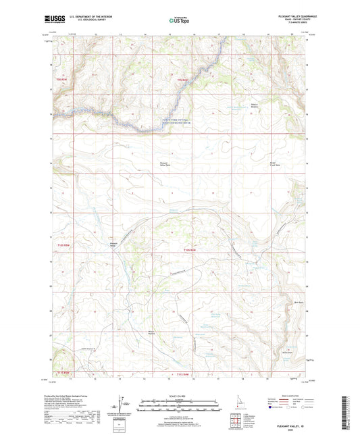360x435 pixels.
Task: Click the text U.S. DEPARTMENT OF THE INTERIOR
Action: (94, 16)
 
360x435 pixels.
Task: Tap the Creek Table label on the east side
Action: (254, 164)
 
